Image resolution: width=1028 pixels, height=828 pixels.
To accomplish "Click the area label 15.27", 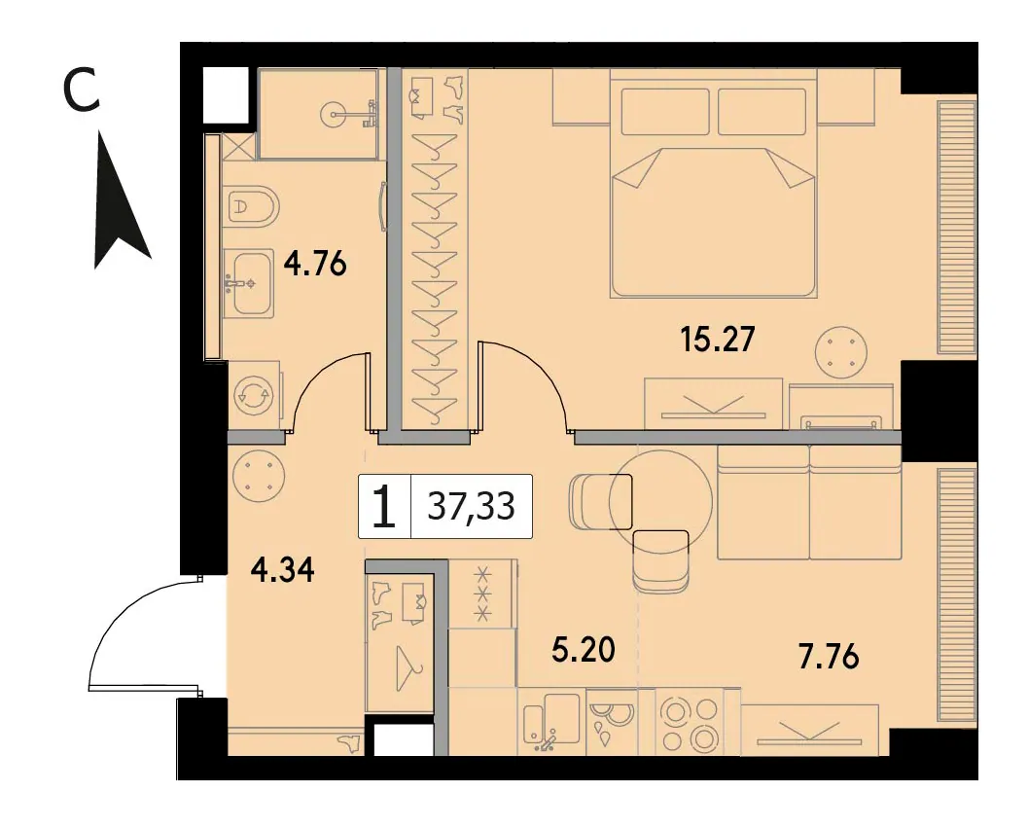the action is (x=718, y=340).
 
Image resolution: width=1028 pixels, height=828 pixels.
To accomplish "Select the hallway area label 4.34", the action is (x=283, y=570).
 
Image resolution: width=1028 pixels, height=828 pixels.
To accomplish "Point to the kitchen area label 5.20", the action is (x=583, y=650).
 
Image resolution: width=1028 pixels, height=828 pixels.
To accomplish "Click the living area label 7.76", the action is (x=828, y=657).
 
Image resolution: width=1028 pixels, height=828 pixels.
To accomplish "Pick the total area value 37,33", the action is (x=471, y=506).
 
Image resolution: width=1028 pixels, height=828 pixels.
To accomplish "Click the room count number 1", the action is (x=384, y=507).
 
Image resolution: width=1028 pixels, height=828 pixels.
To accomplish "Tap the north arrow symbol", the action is (x=122, y=200).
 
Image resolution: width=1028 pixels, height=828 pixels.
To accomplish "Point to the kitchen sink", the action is (x=551, y=719).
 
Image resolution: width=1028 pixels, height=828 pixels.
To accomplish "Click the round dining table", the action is (x=660, y=502).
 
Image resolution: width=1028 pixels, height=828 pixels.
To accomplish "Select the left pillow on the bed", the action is (x=665, y=112).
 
